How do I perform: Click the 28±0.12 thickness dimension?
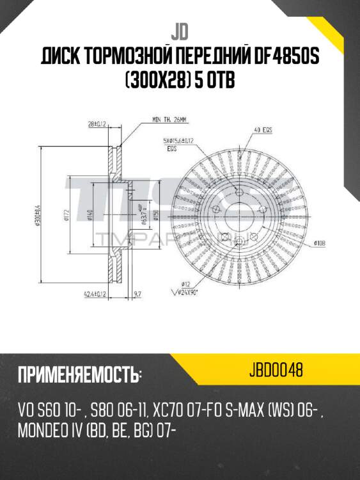tap(95, 123)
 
